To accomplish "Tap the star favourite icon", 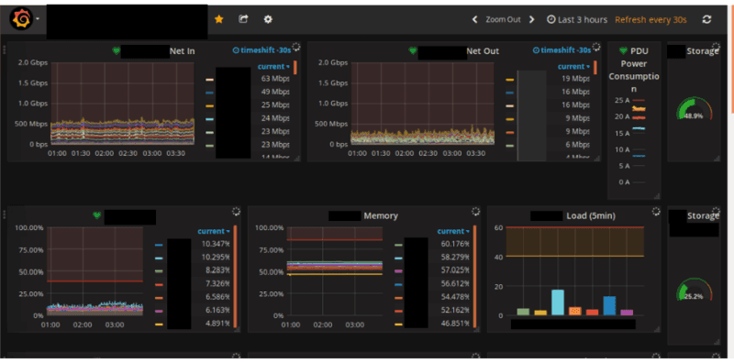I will click(x=218, y=18).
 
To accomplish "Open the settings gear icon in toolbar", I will click(x=268, y=18).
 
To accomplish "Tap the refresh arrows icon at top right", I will click(x=706, y=19).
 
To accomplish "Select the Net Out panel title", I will click(x=483, y=51).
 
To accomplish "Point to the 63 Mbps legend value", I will click(x=276, y=79).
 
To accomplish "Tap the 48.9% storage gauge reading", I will click(x=694, y=116).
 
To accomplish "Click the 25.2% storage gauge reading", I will click(x=694, y=296).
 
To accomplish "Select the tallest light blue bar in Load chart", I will click(x=557, y=302).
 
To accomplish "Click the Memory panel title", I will click(x=381, y=216).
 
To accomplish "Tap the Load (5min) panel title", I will click(x=588, y=216).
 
